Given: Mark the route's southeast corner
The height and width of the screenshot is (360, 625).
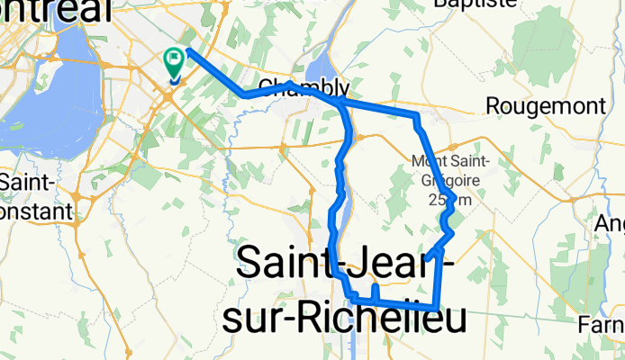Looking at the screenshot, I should (x=437, y=309).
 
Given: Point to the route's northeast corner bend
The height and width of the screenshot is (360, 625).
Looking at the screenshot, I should (x=416, y=116).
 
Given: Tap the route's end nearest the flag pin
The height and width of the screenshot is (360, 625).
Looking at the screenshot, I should (x=188, y=50).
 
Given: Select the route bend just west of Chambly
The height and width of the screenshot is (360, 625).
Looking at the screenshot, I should (x=245, y=94).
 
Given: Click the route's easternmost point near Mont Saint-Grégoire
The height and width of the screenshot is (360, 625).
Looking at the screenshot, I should (x=456, y=198).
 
